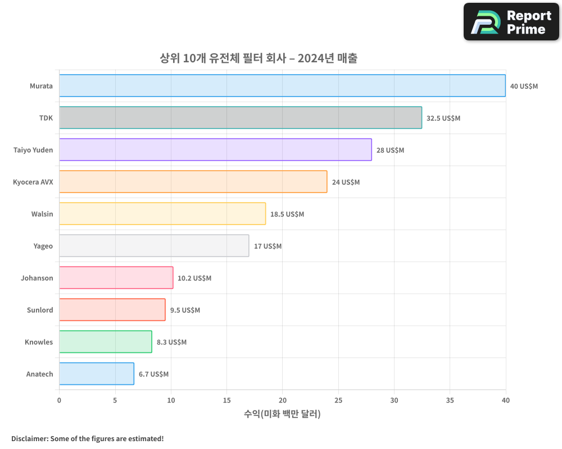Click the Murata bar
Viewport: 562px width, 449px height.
(282, 86)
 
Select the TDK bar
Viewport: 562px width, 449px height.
(241, 118)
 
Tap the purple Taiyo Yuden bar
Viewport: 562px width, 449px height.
(215, 150)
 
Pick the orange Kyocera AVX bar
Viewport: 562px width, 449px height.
(193, 182)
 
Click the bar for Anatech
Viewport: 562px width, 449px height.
(97, 374)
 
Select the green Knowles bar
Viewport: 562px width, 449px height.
(106, 342)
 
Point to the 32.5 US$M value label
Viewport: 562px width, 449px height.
(443, 118)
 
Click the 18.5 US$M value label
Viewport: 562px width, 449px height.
(287, 214)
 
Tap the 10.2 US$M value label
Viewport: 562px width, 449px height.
(194, 278)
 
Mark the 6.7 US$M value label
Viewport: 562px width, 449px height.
(153, 374)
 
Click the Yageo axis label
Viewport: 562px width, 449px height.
(43, 246)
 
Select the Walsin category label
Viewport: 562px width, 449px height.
(42, 214)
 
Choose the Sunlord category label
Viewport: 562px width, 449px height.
(40, 310)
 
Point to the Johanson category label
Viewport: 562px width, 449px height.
(37, 278)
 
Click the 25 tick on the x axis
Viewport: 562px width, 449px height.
(338, 400)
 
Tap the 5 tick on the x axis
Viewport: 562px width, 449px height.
(115, 400)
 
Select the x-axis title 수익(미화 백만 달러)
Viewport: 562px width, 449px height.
(282, 414)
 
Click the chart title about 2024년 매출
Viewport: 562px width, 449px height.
(259, 58)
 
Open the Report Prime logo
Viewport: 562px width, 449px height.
(511, 22)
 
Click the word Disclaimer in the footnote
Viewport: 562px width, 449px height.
(29, 438)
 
